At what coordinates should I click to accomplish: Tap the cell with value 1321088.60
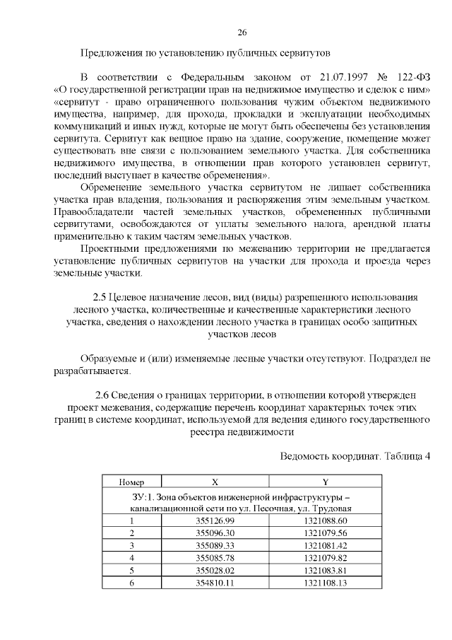click(x=326, y=520)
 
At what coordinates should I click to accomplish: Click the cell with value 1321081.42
click(x=326, y=545)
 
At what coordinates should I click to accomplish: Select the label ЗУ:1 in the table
click(x=141, y=495)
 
